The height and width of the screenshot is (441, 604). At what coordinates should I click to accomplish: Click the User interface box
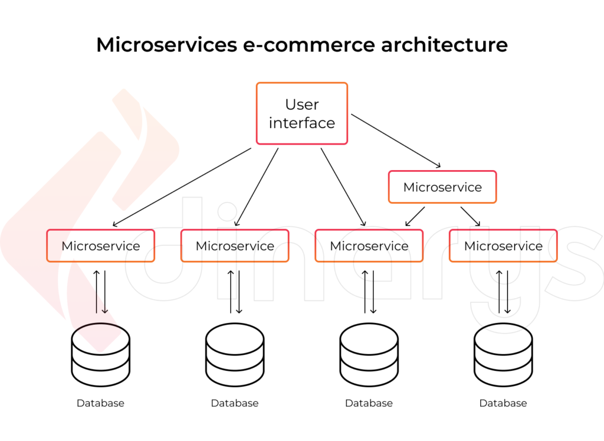point(301,113)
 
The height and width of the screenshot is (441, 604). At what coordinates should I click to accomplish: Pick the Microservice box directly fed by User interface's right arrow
point(442,187)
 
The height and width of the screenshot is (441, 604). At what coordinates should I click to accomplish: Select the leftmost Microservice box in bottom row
point(101,246)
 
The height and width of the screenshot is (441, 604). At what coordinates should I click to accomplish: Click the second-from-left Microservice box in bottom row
point(235,246)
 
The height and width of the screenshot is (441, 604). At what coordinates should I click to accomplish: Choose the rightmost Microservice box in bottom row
point(503,246)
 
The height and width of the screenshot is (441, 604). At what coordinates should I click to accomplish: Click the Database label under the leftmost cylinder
point(100,403)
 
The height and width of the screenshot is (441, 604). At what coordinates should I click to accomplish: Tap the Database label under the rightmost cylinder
point(503,403)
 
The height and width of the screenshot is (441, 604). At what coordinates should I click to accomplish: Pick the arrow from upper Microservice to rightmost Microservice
point(471,216)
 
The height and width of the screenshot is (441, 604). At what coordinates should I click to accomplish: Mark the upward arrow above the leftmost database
point(97,292)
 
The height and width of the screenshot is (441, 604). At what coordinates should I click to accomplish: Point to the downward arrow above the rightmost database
point(507,292)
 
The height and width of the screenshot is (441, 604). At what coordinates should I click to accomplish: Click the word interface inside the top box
point(301,123)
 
